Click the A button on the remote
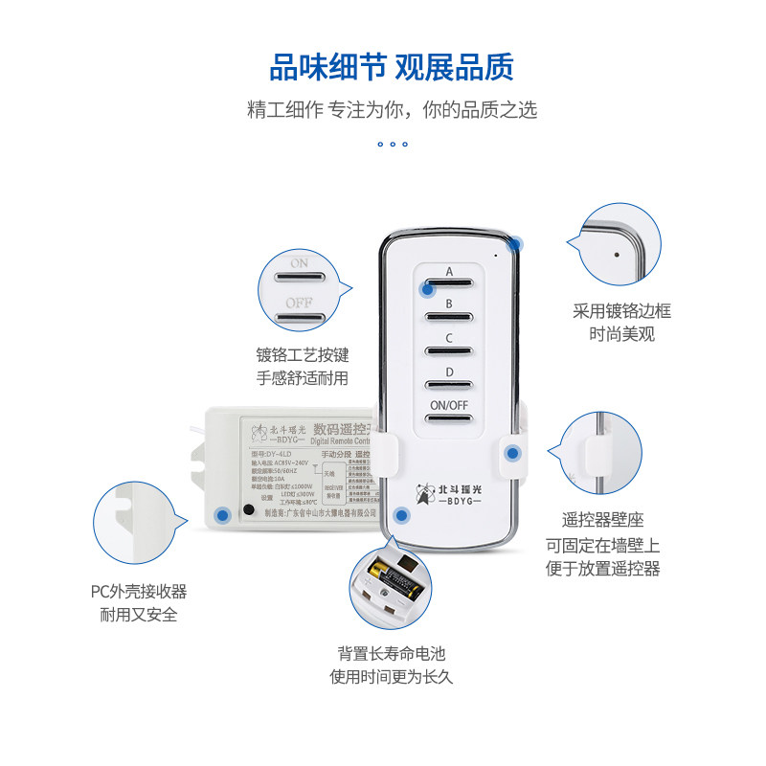click(x=448, y=283)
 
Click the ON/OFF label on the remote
click(x=448, y=405)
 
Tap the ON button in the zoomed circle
click(x=300, y=276)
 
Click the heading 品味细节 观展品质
click(x=392, y=68)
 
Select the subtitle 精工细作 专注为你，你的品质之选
click(x=392, y=110)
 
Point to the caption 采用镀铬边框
click(x=621, y=311)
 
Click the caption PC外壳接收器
click(x=139, y=592)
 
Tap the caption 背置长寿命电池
click(x=391, y=654)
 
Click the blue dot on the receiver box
click(x=223, y=515)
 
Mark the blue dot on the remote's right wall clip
click(x=512, y=453)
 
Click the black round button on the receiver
click(x=249, y=509)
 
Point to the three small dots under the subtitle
click(x=392, y=145)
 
